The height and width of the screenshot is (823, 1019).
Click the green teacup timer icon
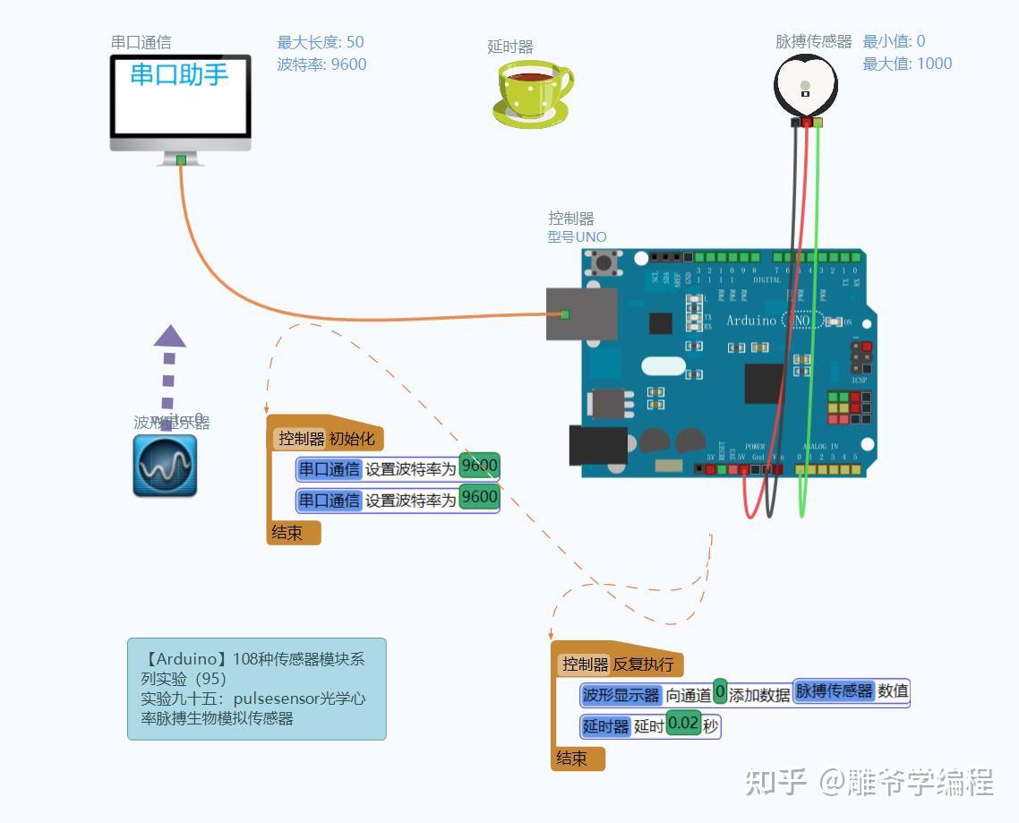(531, 93)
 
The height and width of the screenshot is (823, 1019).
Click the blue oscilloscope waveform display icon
(165, 466)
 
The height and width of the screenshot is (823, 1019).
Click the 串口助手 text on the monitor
(179, 74)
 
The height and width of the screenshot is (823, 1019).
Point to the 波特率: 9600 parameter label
(321, 64)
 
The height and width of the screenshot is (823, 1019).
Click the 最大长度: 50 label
(321, 42)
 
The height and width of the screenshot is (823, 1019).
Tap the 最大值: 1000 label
(907, 64)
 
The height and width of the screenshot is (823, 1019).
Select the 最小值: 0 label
(894, 41)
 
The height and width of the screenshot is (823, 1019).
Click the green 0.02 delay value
(683, 724)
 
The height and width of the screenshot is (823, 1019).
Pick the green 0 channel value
(720, 693)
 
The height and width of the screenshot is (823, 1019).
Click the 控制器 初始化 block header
(327, 439)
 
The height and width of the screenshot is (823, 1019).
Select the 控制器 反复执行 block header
(618, 664)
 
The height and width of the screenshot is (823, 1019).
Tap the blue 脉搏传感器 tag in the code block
(834, 691)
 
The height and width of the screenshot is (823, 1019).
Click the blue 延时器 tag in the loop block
(606, 726)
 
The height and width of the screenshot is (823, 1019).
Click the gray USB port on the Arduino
(582, 314)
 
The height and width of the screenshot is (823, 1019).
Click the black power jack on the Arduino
(595, 445)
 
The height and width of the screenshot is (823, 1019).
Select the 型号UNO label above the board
(577, 237)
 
